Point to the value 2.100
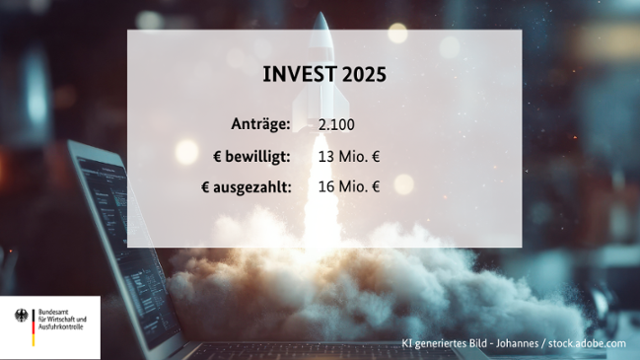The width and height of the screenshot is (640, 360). (x=336, y=125)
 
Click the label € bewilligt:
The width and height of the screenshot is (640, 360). (x=251, y=156)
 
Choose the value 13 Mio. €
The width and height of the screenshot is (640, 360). (x=349, y=156)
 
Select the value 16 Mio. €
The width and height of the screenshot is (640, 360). (x=349, y=184)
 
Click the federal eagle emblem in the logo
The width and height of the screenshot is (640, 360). (x=22, y=318)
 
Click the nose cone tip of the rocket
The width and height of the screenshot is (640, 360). (x=324, y=15)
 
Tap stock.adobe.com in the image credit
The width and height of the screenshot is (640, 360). (x=588, y=343)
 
